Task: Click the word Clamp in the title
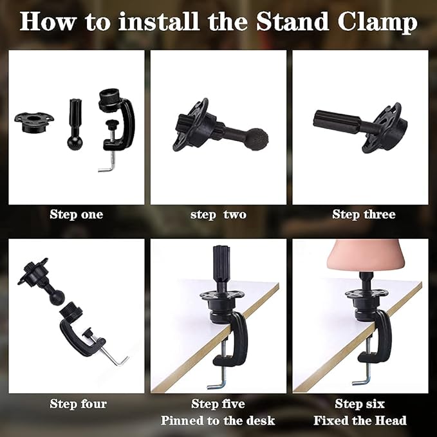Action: coord(377,23)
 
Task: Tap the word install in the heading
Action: coord(158,21)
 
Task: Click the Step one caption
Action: coord(77,214)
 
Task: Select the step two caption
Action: coord(218,215)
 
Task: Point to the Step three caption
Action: coord(364,214)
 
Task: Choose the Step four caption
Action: coord(78,404)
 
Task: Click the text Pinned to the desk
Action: coord(218,420)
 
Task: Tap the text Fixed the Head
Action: coord(360,420)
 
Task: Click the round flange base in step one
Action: coord(34,122)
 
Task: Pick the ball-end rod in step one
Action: coord(75,124)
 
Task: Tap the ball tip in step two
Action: coord(259,138)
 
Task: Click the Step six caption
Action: coord(360,404)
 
